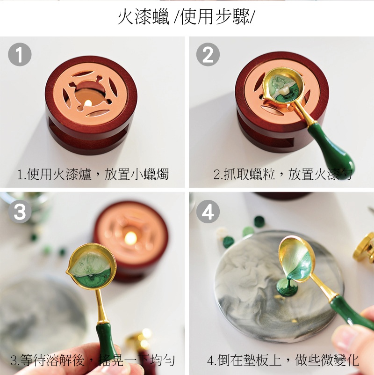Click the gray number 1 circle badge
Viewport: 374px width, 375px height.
tap(20, 54)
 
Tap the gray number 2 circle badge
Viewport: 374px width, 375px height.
tap(208, 54)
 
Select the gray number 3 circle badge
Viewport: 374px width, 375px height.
tap(20, 212)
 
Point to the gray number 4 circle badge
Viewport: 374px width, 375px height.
tap(208, 212)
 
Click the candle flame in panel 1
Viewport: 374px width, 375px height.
tap(88, 103)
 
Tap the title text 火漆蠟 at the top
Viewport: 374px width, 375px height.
tap(144, 17)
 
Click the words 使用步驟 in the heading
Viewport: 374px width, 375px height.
tap(215, 17)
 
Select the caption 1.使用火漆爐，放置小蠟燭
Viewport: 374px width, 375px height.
tap(93, 174)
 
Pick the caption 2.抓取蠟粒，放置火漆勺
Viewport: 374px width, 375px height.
tap(283, 174)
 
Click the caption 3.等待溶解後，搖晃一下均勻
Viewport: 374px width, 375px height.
tap(93, 360)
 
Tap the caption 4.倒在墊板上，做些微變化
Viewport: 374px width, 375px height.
tap(283, 360)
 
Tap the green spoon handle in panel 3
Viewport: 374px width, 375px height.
tap(106, 339)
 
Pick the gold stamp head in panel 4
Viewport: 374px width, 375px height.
tap(365, 248)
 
